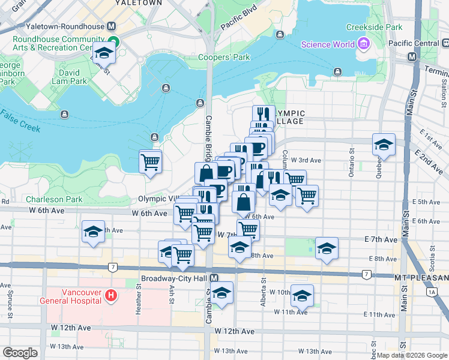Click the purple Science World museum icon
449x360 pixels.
tap(363, 44)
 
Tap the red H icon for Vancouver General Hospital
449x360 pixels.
tap(110, 295)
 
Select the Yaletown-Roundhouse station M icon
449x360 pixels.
tap(112, 27)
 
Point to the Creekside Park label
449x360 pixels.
tap(373, 27)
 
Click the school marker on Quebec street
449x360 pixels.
tap(384, 145)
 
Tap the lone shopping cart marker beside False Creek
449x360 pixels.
tap(150, 161)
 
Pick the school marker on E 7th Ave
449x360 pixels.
tap(327, 248)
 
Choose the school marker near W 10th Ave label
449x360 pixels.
tap(302, 295)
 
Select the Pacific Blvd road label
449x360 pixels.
tap(238, 18)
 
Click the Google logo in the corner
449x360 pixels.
tap(20, 353)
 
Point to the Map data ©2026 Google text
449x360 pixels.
tap(411, 355)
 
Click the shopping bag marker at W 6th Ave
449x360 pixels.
tap(244, 202)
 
